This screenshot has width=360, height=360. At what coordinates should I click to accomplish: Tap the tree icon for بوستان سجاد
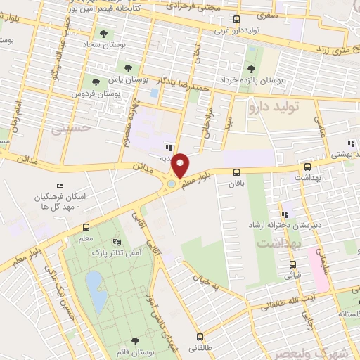click(104, 33)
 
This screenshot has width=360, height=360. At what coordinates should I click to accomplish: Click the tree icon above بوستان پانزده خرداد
click(252, 68)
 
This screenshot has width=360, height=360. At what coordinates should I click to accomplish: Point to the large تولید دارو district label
click(275, 108)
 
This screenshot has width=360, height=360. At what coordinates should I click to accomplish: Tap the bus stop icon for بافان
click(236, 172)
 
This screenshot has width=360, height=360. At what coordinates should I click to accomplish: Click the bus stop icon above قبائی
click(293, 265)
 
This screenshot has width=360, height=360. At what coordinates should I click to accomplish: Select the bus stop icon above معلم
click(86, 227)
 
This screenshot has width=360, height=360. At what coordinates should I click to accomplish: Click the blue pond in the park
click(96, 291)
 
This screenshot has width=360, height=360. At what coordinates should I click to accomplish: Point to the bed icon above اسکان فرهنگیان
click(60, 187)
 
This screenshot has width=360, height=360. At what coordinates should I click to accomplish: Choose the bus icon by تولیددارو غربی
click(236, 20)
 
